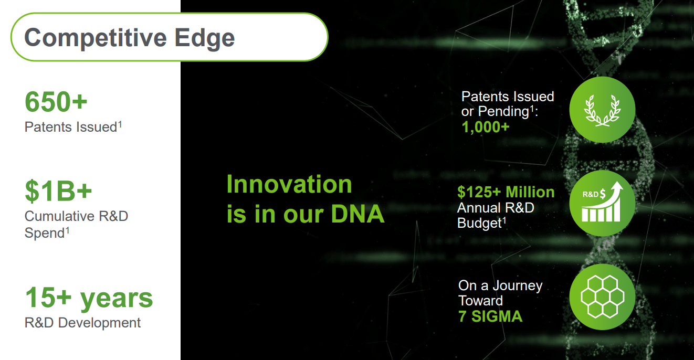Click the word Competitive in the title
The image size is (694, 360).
(96, 38)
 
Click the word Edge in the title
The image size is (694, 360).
(205, 38)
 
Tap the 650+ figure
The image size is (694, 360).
(56, 102)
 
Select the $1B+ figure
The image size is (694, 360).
(59, 191)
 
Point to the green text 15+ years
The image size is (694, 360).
(89, 298)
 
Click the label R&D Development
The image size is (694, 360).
(82, 323)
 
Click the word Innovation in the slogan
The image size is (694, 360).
(289, 184)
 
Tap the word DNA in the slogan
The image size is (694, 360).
(358, 214)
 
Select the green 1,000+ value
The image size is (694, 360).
(486, 127)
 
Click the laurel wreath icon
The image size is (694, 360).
(602, 111)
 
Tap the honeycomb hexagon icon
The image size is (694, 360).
(602, 297)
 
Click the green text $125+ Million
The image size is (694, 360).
(506, 192)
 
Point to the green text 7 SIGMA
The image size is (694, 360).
(490, 316)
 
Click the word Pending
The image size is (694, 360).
(503, 112)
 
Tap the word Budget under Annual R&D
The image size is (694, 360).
(480, 223)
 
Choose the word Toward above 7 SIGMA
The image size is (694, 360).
(480, 301)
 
